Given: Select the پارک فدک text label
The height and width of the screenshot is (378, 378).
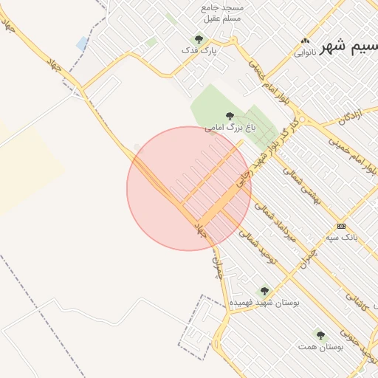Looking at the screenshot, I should [198, 50].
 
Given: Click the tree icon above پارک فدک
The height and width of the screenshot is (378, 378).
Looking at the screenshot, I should [198, 38].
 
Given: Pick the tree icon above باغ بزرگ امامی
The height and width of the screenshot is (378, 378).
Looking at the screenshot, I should [230, 116].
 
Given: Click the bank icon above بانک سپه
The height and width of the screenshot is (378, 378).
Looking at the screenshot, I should [341, 226].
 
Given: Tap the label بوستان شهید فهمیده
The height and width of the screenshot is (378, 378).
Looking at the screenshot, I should [264, 303].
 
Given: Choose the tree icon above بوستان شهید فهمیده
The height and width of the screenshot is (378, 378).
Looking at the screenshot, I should [264, 291].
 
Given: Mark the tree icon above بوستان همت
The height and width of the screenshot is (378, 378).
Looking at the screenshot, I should [320, 334].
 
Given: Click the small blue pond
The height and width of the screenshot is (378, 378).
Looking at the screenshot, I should [81, 44].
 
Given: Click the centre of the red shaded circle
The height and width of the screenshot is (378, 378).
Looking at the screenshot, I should [189, 189].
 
